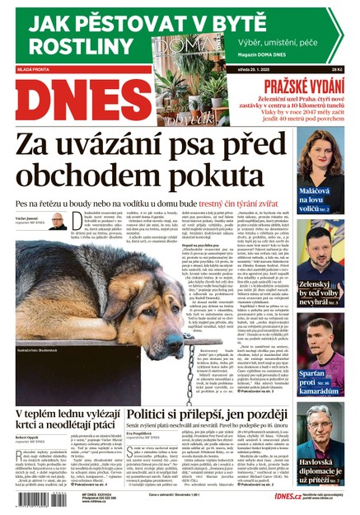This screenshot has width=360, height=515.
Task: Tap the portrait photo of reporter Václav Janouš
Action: pyautogui.click(x=57, y=222)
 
